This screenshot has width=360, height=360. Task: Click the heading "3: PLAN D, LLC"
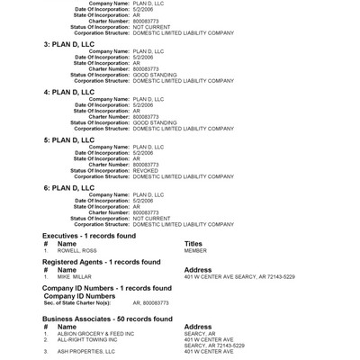[68, 43]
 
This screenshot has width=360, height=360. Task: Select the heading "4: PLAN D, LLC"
[68, 92]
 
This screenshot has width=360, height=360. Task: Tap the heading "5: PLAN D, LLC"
[68, 140]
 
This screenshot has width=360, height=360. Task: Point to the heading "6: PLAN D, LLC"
[68, 188]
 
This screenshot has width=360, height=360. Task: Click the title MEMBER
[195, 251]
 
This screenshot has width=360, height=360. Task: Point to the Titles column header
[193, 244]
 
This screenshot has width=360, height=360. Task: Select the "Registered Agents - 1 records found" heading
[101, 262]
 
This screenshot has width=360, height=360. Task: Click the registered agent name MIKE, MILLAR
[75, 277]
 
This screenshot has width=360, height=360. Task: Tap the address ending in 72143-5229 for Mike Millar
[238, 277]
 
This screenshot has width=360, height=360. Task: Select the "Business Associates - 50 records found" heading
[107, 319]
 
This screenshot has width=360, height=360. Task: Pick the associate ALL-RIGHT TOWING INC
[87, 339]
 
